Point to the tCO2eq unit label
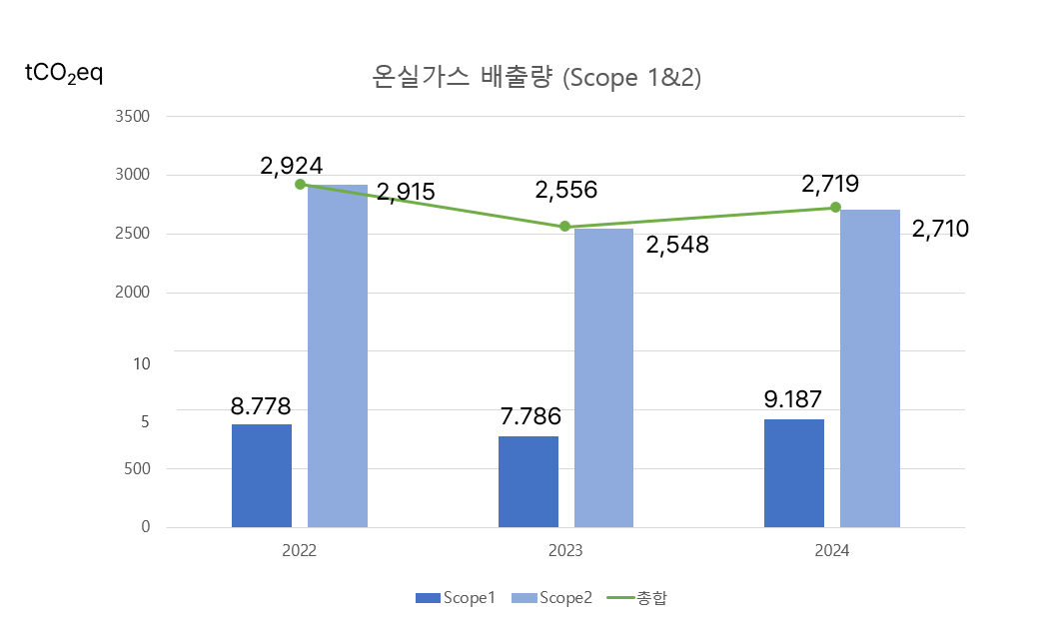(x=63, y=74)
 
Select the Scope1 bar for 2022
(x=262, y=475)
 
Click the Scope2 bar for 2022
(x=338, y=355)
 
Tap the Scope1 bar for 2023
(x=528, y=481)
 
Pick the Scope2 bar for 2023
(x=603, y=377)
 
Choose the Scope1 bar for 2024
(x=794, y=472)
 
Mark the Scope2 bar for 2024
(x=870, y=367)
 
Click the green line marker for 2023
(x=564, y=227)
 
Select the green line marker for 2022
(x=300, y=184)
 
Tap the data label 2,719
(x=830, y=184)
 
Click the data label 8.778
(x=261, y=406)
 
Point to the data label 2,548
(x=677, y=245)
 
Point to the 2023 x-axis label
(x=565, y=551)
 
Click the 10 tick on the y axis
(x=142, y=363)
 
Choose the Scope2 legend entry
(x=552, y=598)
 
